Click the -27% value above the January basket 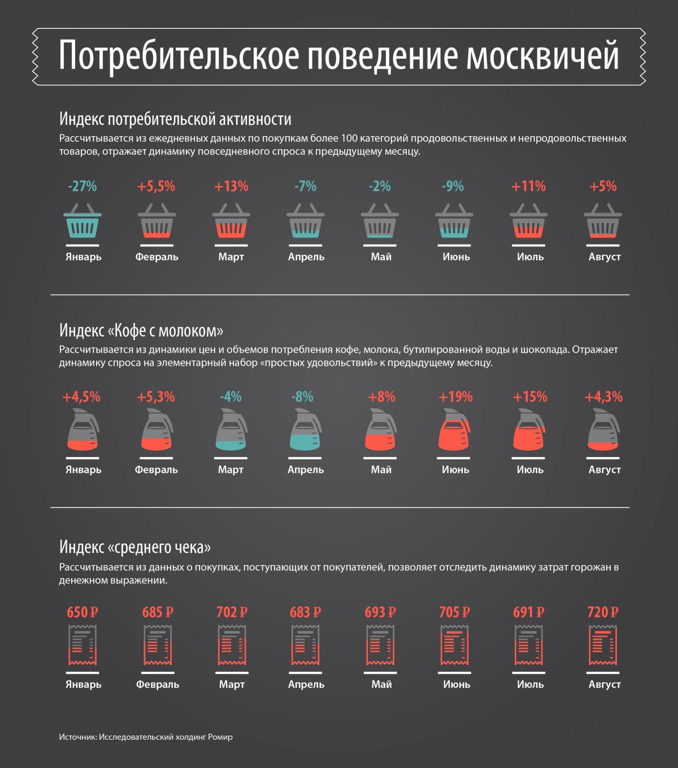82,186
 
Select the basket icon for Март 231,223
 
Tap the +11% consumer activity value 528,186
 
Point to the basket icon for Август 603,223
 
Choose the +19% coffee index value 455,397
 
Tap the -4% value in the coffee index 231,397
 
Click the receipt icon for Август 603,646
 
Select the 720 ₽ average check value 603,612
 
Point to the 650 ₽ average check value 82,612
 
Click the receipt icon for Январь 82,646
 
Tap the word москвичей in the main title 543,56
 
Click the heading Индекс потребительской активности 175,119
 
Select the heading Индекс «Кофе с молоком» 141,331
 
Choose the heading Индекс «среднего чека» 135,547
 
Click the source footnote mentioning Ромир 146,737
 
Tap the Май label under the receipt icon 381,684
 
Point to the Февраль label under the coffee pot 157,470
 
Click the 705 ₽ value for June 454,612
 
